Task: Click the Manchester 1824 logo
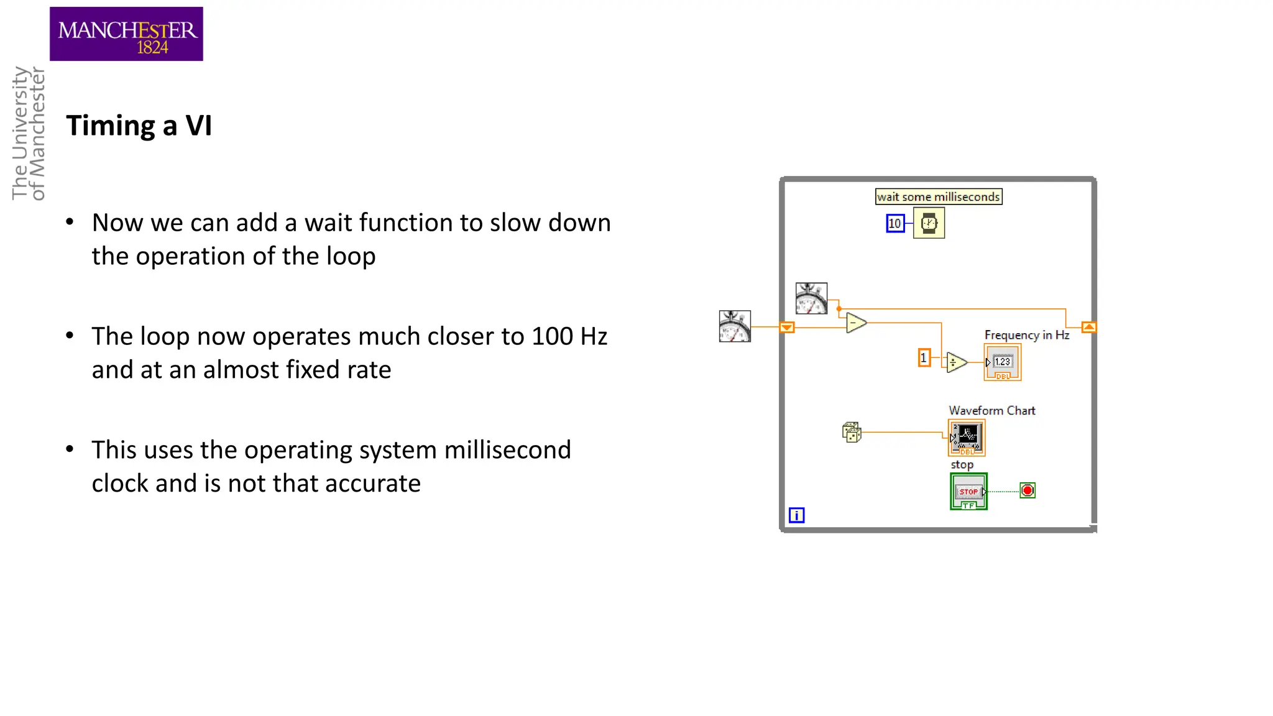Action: coord(126,34)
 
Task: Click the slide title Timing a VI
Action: coord(139,126)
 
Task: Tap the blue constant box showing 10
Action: coord(894,223)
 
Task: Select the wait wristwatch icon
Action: coord(929,223)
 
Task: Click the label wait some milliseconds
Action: coord(938,196)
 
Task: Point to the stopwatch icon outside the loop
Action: coord(735,326)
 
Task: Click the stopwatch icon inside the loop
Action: coord(811,298)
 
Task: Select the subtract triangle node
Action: coord(855,323)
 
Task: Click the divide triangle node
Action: coord(955,362)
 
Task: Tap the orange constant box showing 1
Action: coord(924,357)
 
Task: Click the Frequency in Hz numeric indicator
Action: coord(1002,362)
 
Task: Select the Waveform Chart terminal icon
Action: coord(967,438)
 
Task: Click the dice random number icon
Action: coord(852,432)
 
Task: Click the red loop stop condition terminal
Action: coord(1027,490)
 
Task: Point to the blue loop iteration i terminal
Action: coord(796,515)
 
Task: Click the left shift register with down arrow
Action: coord(787,327)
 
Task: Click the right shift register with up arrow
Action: coord(1088,327)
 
